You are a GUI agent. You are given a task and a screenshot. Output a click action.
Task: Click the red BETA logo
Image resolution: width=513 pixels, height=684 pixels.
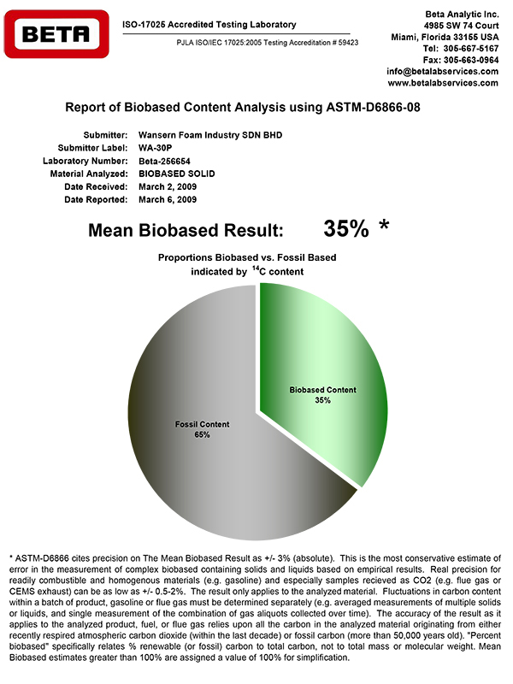point(56,34)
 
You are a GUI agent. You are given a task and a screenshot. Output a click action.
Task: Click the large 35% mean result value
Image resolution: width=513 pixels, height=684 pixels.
point(345,229)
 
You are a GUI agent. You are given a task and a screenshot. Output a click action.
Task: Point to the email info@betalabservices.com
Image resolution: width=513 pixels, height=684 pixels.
point(443,71)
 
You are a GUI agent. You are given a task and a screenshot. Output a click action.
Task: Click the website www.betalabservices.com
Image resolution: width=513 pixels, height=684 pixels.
point(443,83)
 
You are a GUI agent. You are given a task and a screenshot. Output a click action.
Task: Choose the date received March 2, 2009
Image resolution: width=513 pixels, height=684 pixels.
point(168,186)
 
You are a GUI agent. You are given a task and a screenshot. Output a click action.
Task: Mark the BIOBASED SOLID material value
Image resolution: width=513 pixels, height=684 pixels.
point(178,174)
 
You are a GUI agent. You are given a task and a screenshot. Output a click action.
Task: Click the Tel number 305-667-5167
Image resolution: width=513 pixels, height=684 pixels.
point(471,49)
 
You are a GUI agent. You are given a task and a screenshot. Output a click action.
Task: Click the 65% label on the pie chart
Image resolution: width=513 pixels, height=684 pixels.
point(202,435)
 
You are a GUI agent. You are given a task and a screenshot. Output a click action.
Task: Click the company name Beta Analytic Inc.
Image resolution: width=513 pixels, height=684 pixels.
point(462,15)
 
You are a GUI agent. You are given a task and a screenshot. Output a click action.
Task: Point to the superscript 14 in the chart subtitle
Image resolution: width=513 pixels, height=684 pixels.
point(255,268)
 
